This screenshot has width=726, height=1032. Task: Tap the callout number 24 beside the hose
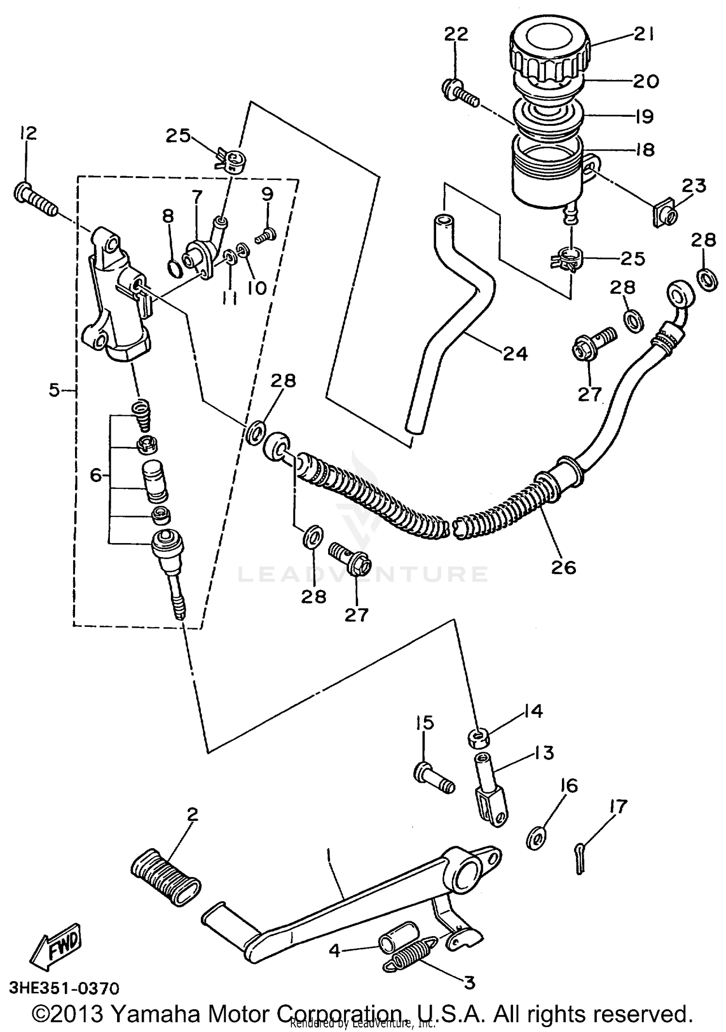[514, 354]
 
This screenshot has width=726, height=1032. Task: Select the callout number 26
[563, 567]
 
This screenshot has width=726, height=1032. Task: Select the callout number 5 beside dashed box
[54, 389]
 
